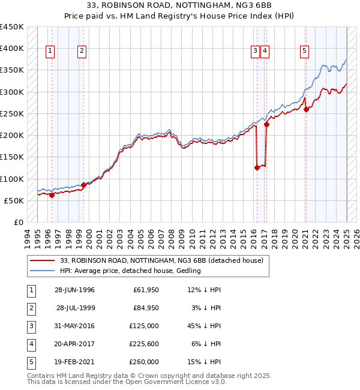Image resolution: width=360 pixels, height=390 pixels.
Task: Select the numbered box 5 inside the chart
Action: [x=305, y=52]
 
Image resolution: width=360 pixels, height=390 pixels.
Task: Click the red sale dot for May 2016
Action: [x=257, y=168]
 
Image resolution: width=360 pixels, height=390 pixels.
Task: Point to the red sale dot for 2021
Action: [x=306, y=109]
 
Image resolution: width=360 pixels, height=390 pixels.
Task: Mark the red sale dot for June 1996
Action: [x=52, y=195]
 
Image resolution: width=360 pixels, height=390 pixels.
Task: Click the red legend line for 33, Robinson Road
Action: [x=41, y=261]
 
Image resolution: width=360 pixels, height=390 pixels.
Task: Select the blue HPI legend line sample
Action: [x=41, y=271]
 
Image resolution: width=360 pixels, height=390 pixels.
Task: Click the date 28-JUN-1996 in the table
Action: [x=74, y=290]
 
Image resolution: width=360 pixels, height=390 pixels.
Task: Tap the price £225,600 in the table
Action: [x=144, y=344]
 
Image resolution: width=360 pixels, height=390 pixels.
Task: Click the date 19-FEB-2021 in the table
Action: [x=74, y=362]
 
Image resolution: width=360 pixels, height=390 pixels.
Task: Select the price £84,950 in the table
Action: [x=146, y=308]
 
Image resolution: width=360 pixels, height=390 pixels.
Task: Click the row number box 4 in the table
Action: [x=32, y=344]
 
